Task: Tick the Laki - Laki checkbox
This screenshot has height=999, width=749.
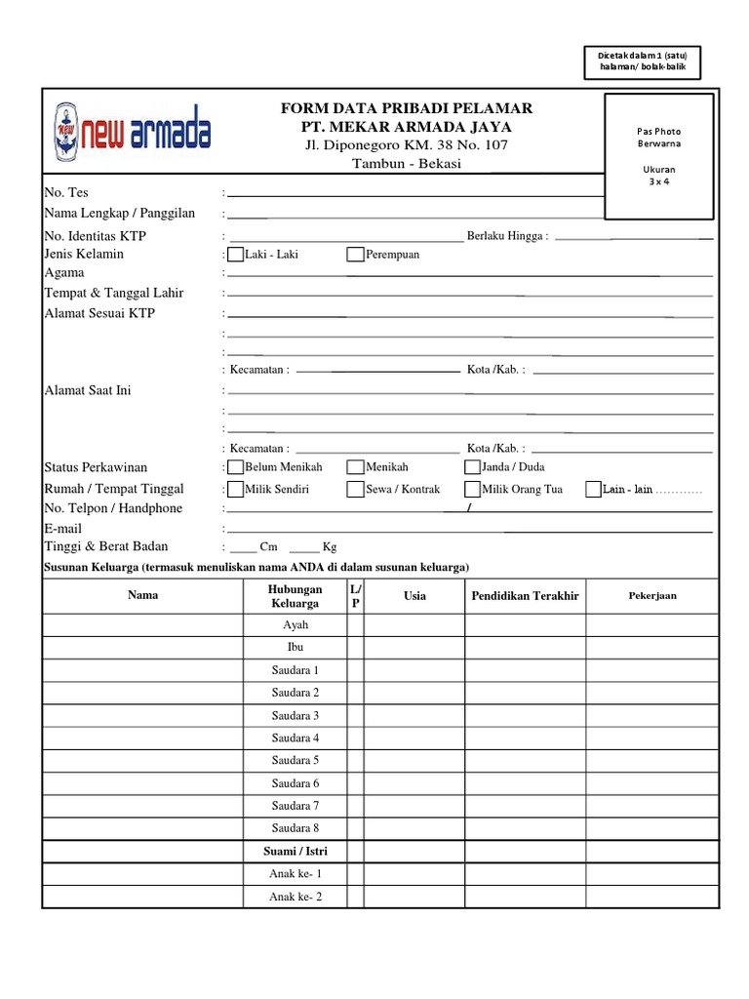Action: pos(236,256)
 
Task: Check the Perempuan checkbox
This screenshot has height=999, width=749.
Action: pos(356,256)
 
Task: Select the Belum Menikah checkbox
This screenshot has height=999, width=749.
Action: pos(236,467)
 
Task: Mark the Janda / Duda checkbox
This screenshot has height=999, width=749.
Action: pos(473,467)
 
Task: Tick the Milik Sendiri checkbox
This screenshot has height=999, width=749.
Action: pos(236,490)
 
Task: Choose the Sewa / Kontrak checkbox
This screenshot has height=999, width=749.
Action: pos(356,490)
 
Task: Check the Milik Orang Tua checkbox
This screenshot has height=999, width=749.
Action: pos(473,490)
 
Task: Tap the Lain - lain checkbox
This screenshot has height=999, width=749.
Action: pos(593,490)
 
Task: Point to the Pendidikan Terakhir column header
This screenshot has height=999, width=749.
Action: pos(525,596)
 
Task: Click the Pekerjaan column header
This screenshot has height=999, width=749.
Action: pos(652,596)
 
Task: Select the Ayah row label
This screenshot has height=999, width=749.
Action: pos(296,625)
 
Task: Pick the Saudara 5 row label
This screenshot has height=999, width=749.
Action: pos(296,761)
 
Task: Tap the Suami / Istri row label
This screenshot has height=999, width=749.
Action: pos(296,852)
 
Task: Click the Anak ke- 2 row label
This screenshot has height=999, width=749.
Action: pos(296,898)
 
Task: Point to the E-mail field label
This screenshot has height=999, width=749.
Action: pos(63,529)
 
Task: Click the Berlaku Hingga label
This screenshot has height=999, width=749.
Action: pos(507,236)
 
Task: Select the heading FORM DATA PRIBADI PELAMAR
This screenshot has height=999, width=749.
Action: pos(406,108)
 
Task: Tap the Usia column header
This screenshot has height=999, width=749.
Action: pos(414,596)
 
